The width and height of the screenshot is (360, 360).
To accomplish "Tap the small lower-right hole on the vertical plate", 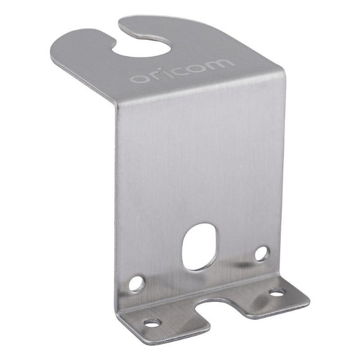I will (x=261, y=254).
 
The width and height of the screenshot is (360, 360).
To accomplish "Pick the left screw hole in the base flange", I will (x=151, y=322).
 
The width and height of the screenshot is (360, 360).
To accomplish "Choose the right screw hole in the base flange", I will (x=277, y=292).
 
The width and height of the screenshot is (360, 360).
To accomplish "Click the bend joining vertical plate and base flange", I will (x=203, y=287).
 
